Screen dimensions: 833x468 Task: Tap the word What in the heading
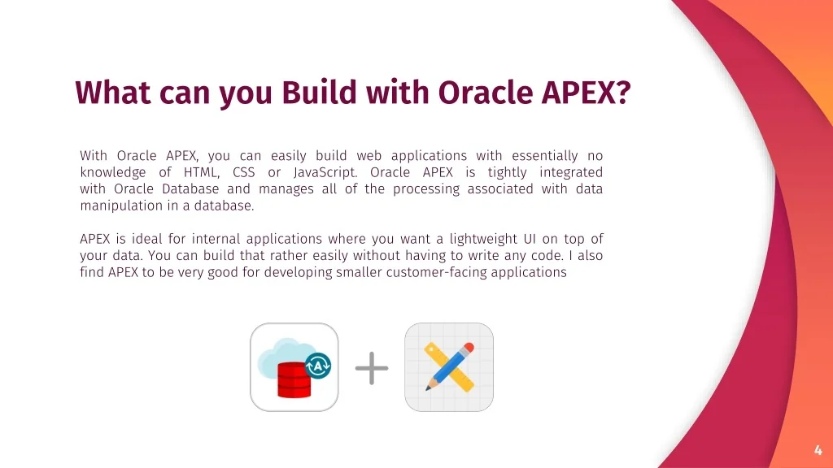click(x=112, y=93)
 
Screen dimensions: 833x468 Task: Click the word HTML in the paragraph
click(x=202, y=172)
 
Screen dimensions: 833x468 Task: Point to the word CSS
click(x=244, y=172)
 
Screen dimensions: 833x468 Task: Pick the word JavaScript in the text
click(x=325, y=173)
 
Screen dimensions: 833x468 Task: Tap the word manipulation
click(x=122, y=206)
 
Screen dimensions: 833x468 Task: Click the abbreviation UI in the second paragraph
click(x=529, y=239)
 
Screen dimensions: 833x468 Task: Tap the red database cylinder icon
click(x=294, y=379)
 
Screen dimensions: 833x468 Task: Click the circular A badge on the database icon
click(x=318, y=366)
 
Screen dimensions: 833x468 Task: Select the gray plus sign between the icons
click(x=371, y=368)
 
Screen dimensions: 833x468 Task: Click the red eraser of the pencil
click(x=468, y=349)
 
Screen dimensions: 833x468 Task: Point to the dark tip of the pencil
click(x=428, y=388)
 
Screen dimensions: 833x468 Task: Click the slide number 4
click(x=818, y=450)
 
